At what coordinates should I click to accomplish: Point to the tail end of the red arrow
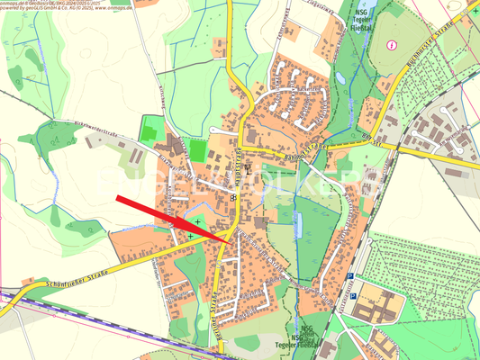point(117,198)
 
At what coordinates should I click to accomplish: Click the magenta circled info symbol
point(391,45)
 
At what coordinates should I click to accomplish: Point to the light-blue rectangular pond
point(299,221)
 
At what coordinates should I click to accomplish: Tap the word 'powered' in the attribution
point(8,9)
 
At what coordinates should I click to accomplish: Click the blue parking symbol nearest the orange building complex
point(354,293)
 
